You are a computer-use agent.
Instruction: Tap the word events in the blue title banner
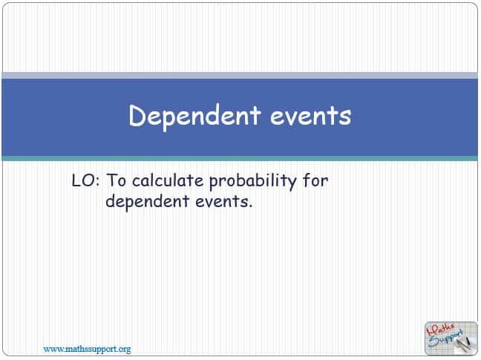click(307, 117)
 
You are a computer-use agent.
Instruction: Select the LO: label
click(86, 180)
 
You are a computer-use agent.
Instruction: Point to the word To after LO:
click(117, 180)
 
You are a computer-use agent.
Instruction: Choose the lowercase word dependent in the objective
click(143, 201)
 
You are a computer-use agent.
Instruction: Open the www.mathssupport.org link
click(87, 348)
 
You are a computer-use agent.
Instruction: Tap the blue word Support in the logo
click(449, 338)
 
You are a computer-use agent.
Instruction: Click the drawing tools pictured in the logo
click(461, 343)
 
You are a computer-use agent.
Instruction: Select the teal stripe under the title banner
click(240, 158)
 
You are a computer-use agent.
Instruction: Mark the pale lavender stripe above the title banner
click(240, 75)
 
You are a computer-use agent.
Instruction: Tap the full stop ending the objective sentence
click(250, 206)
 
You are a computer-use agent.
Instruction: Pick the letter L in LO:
click(76, 180)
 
